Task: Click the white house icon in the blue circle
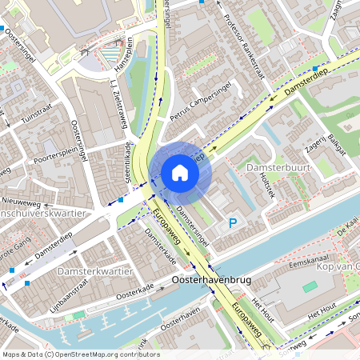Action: point(180,172)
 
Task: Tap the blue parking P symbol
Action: point(234,225)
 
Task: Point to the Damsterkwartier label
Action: point(94,273)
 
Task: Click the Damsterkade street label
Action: point(161,247)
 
